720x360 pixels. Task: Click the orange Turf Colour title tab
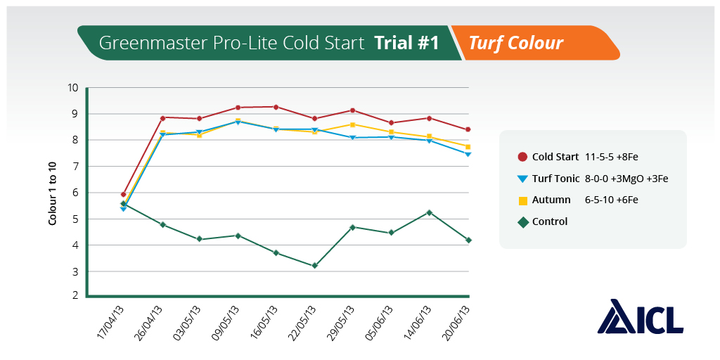[517, 43]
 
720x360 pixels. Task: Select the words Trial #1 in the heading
[407, 43]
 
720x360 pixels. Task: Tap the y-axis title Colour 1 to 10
[53, 191]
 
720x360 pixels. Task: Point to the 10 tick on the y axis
[72, 88]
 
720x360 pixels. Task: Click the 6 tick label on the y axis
[74, 193]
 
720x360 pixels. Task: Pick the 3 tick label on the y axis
[74, 271]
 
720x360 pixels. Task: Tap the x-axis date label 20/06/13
[455, 322]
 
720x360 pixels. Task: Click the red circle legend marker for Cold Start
[522, 157]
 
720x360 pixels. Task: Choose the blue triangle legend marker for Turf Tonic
[522, 179]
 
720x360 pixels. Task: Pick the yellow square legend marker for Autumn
[522, 200]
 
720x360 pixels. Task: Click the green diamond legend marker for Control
[522, 221]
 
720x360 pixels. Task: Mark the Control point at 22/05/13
[315, 266]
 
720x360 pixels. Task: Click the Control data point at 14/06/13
[430, 212]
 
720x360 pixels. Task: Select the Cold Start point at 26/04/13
[162, 117]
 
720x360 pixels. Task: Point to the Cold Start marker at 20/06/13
[468, 129]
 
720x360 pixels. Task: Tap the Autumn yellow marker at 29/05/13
[353, 124]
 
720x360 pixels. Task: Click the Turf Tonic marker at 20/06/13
[468, 154]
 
